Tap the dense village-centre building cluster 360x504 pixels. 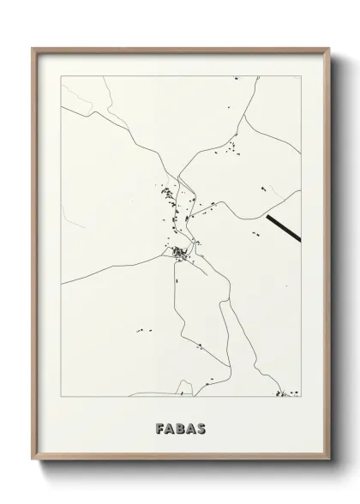point(180,252)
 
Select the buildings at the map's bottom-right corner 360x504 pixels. point(285,394)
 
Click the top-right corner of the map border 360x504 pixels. point(299,75)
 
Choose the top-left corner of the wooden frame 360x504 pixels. point(33,48)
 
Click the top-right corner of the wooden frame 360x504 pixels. point(328,48)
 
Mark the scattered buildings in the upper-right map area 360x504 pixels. point(229,153)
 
